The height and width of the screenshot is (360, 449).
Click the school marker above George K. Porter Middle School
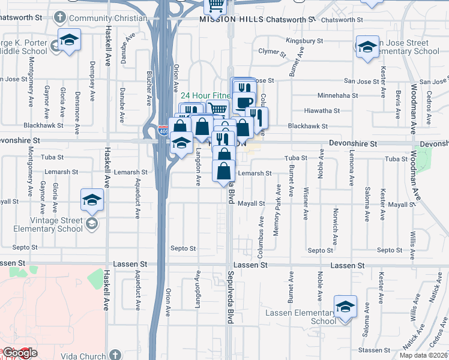(69, 41)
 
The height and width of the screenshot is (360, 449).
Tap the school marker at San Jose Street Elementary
(366, 48)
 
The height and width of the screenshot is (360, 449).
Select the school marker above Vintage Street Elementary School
(92, 200)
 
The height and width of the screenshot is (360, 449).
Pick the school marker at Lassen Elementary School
(346, 308)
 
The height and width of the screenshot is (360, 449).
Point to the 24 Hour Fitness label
(204, 95)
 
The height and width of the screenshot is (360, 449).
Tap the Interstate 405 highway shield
(163, 130)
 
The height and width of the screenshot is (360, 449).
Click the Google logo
(19, 353)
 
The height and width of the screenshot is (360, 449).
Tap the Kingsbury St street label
(304, 41)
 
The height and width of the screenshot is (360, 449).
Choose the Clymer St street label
(270, 52)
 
